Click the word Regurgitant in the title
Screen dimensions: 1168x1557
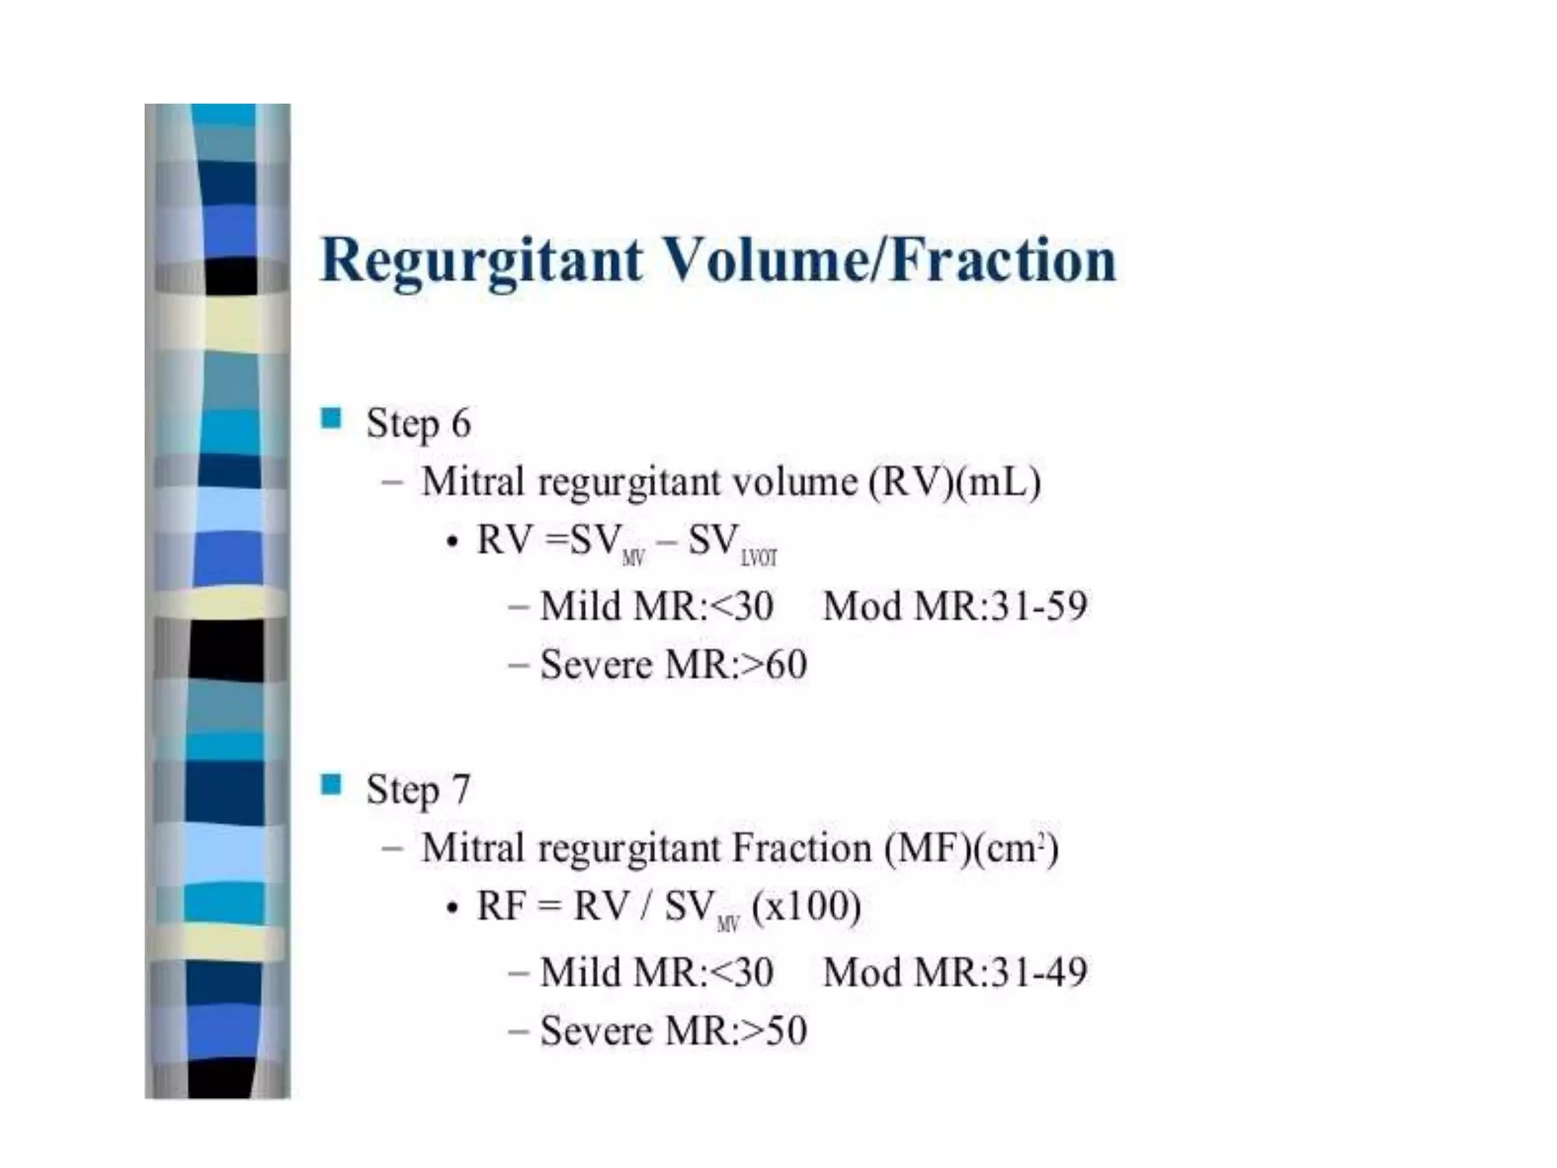pos(480,260)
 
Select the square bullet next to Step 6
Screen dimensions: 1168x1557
pos(331,418)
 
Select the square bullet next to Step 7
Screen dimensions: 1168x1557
pos(331,784)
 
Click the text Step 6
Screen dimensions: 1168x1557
pos(418,423)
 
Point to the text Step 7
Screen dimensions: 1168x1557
pos(418,789)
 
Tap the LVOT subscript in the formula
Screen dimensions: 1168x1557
pos(759,559)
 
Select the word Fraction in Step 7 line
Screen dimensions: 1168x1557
pos(801,848)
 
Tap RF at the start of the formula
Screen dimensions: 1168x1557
pos(500,906)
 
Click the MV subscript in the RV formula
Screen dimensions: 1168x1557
pos(633,559)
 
